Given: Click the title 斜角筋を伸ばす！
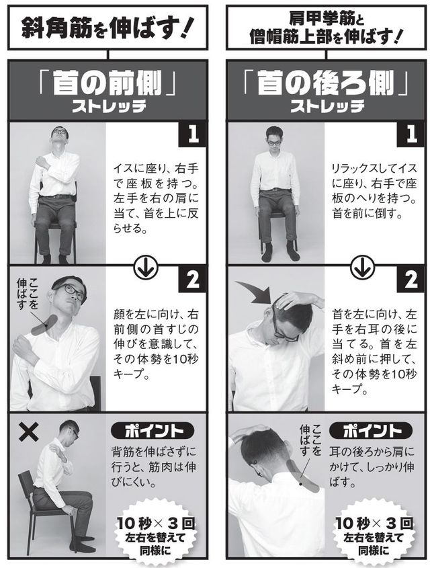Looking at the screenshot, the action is click(x=107, y=27).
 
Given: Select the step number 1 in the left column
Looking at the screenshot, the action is click(x=193, y=134).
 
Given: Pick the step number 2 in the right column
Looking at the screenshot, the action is click(x=411, y=279).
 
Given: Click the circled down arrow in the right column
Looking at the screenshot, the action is click(x=362, y=267).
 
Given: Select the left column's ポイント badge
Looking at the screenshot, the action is click(x=153, y=431).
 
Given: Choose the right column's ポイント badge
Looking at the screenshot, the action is click(x=371, y=431).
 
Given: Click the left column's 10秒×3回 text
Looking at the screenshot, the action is click(x=156, y=524).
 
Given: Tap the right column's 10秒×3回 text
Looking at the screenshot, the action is click(x=374, y=524).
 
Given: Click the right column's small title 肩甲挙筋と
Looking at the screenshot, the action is click(x=326, y=19).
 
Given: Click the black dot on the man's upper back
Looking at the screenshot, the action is click(x=300, y=483).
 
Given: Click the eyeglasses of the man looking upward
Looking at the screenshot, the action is click(x=59, y=132).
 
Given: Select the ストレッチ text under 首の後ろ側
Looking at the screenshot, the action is click(x=327, y=107).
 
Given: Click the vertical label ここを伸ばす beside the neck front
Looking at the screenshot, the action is click(x=27, y=294).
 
